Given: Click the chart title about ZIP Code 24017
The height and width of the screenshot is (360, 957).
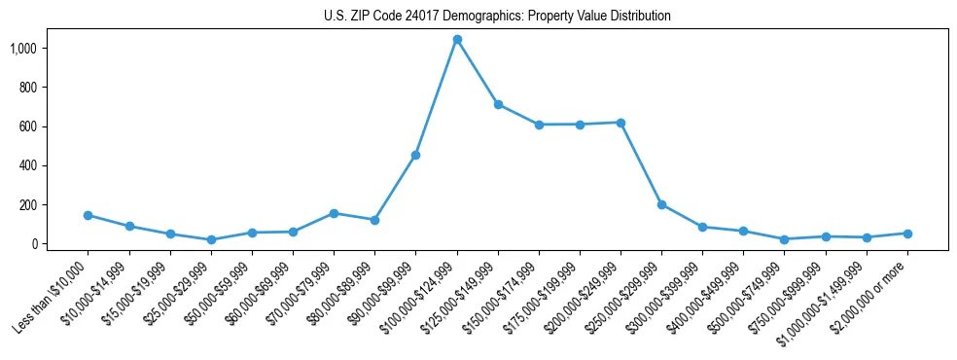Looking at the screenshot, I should coord(497,17).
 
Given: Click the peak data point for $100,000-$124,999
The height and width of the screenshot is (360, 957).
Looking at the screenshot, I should coord(457,39).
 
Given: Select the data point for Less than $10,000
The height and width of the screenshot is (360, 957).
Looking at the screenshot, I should coord(89,215).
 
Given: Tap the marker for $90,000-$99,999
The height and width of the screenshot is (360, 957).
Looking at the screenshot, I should coord(416,155).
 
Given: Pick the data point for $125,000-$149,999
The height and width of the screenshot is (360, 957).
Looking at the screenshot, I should coord(498,104).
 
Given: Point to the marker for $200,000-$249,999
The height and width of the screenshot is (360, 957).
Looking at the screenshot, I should coord(620,123).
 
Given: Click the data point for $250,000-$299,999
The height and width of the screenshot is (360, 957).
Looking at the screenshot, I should coord(661,204).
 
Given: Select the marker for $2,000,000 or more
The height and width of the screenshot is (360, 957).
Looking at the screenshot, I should coord(907,234).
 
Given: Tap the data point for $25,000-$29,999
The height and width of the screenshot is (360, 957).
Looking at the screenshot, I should coord(211,239).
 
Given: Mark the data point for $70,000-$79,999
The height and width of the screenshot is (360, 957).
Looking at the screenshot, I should coord(334,213).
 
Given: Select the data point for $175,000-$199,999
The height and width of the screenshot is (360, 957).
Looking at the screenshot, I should coord(580,125).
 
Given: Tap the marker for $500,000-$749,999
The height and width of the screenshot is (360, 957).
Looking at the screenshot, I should coord(784,239).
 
